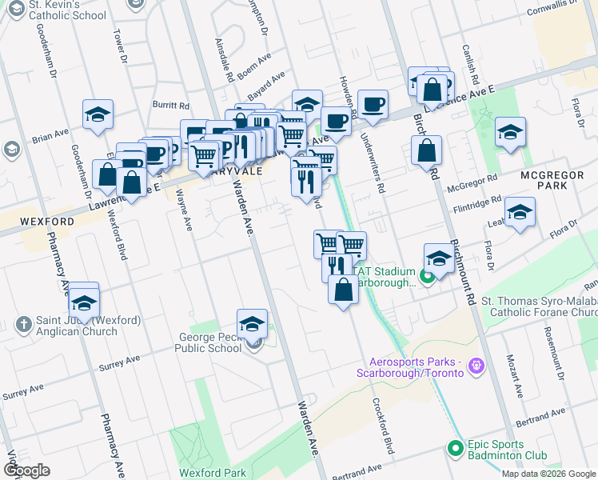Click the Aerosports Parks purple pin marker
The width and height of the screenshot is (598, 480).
point(477,366)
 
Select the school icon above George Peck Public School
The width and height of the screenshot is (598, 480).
point(252,324)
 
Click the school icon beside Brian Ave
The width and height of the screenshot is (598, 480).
point(98,115)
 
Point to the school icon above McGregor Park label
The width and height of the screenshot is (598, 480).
point(510,132)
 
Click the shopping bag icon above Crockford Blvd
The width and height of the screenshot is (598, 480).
point(343,290)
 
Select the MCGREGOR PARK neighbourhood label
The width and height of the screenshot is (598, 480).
point(543,180)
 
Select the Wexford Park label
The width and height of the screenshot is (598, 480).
point(212,473)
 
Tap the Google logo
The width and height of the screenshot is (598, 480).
point(27,470)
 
